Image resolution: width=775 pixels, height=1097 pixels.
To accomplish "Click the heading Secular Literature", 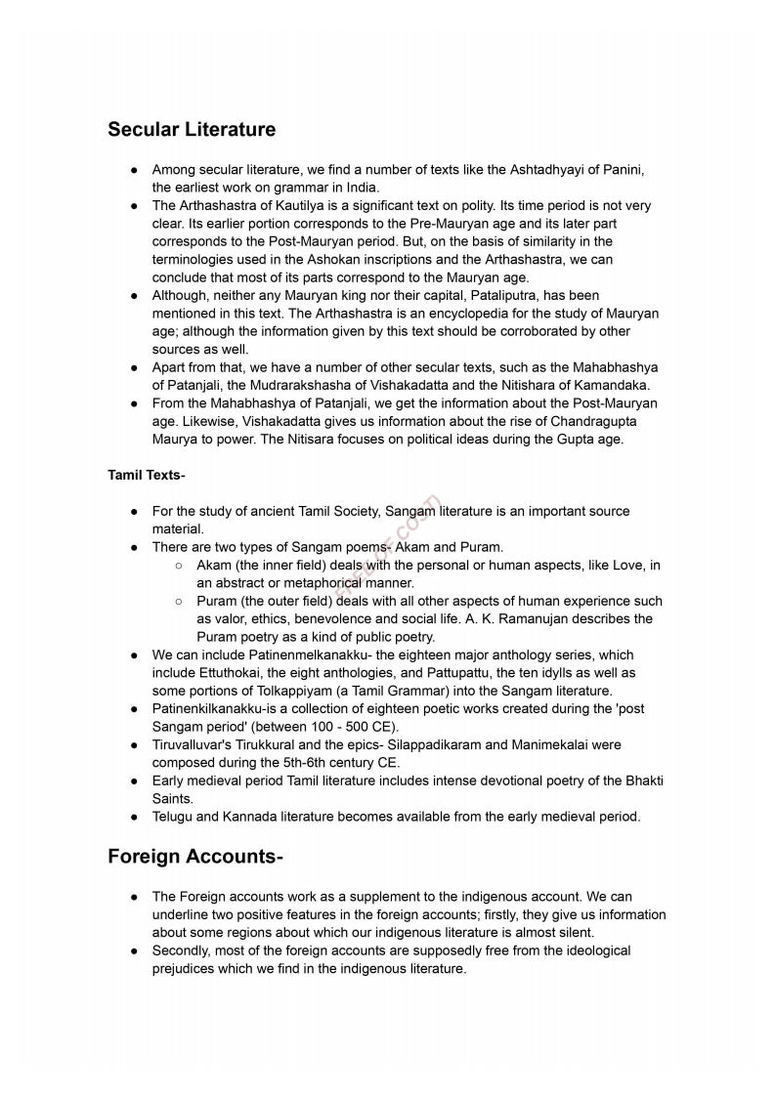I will click(x=192, y=129).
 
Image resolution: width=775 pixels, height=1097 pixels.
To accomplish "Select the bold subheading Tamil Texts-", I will click(x=147, y=475).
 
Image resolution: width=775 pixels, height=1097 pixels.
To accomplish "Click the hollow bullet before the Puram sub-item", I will click(x=179, y=602).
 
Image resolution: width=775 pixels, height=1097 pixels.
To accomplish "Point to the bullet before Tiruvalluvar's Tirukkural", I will click(x=134, y=744).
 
